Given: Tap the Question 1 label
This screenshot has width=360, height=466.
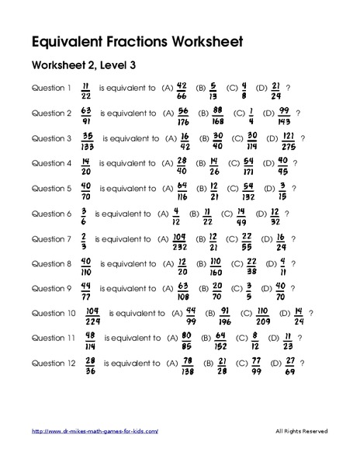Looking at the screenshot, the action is coord(51,88).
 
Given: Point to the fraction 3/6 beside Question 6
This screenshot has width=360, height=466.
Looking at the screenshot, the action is coord(83,214).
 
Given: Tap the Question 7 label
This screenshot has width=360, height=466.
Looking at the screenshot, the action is coord(51,238).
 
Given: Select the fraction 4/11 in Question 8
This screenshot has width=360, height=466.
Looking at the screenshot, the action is coord(283,263).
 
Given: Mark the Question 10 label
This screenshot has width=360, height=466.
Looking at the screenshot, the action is coord(54,313).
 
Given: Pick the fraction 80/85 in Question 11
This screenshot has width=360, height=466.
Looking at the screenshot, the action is coord(186,338).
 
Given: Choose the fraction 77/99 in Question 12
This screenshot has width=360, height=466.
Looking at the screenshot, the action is coord(256,363).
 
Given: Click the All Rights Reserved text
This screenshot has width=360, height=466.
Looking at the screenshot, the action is coord(302,430).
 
